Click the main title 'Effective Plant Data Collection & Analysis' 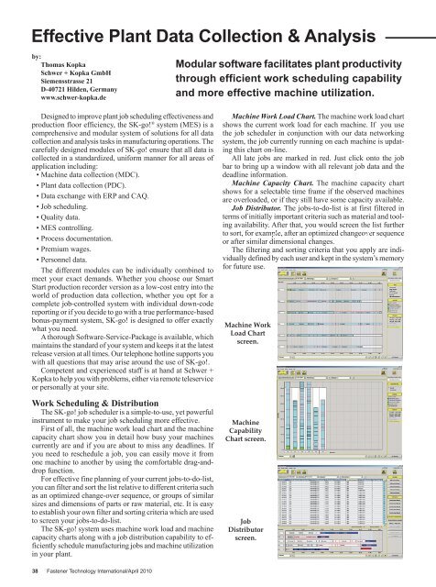[202, 36]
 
